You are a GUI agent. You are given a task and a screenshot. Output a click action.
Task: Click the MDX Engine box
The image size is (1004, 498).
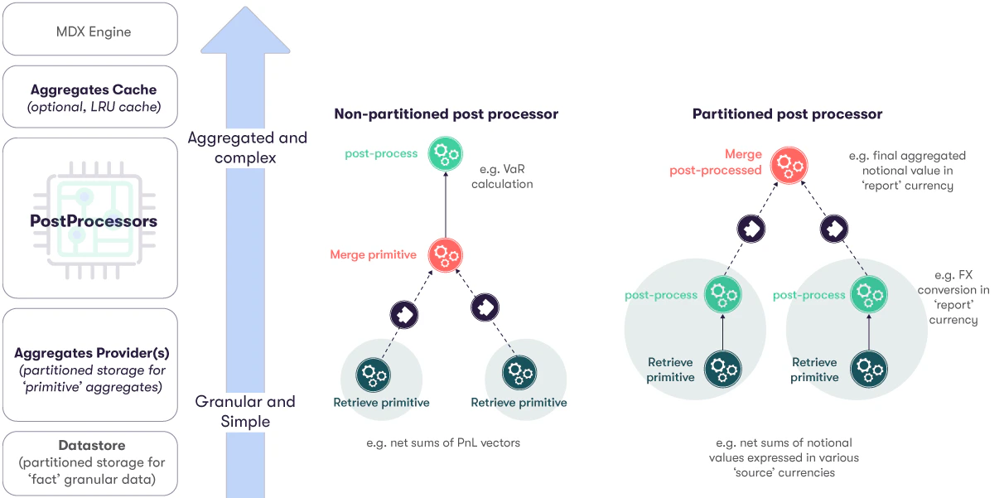pos(90,29)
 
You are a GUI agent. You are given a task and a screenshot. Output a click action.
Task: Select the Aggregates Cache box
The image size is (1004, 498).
pos(90,97)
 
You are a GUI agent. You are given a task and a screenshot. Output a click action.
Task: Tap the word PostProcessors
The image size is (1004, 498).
pos(94,221)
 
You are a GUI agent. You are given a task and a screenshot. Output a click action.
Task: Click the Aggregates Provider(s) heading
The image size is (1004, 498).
pos(92,353)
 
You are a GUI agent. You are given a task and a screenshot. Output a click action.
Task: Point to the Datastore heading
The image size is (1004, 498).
pos(92,445)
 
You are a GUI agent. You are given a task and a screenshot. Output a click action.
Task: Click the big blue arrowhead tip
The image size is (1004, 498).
pos(245,7)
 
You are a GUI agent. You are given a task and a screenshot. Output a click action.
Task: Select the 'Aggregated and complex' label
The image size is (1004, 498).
pos(247,147)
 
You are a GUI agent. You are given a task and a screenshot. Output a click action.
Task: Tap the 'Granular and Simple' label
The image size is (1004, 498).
pos(245,412)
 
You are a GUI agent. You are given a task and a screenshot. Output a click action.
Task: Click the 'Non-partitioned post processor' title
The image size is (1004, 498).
pos(446,114)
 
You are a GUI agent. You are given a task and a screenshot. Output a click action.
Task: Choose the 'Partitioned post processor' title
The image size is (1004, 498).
pos(787,114)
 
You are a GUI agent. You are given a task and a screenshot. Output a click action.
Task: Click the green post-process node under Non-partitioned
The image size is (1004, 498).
pos(445,154)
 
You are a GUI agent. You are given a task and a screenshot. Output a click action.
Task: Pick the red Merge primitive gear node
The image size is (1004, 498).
pos(445,255)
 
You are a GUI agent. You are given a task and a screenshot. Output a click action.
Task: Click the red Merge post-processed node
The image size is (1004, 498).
pos(789,166)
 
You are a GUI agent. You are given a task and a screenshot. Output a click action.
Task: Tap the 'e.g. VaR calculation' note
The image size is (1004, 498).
pos(502,176)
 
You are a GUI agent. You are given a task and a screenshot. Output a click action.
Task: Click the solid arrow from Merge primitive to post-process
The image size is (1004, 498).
pos(445,205)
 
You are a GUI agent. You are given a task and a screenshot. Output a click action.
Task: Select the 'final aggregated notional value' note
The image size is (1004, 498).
pos(907,171)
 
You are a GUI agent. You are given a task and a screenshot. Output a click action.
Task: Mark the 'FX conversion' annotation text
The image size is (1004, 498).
pos(953,297)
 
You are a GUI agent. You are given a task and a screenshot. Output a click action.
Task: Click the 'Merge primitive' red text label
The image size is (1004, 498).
pos(373,254)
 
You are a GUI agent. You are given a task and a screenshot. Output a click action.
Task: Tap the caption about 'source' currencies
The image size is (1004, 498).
pos(784,457)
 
